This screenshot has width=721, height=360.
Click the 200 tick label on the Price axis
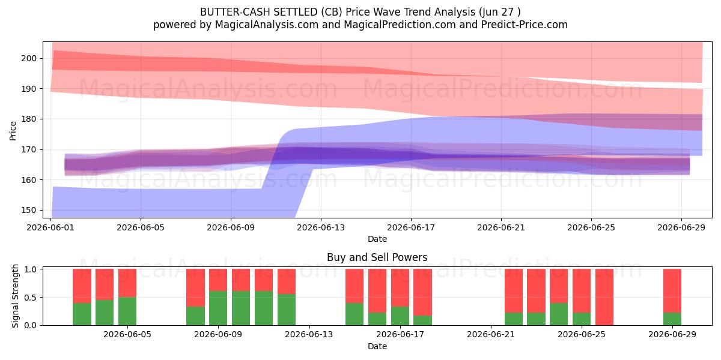coord(29,59)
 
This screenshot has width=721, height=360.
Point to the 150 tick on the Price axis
coord(29,210)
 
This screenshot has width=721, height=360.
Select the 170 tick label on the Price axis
coord(29,149)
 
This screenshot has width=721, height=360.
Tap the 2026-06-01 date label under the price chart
coord(50,227)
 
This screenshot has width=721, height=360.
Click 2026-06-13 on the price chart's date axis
coord(321,227)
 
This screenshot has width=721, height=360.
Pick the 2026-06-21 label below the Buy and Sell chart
coord(491,334)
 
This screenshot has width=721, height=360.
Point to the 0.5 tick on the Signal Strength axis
coord(30,298)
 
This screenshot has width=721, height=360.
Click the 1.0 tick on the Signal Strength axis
coord(30,269)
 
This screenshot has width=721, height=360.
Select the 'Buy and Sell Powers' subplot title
coord(377,257)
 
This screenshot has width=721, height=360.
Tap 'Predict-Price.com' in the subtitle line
coord(525,25)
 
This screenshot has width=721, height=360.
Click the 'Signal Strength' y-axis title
coord(15,296)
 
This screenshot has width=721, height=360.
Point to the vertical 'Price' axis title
coord(13,131)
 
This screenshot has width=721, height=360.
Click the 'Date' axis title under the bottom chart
coord(377,346)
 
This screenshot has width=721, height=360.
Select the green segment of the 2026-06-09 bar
coord(218,308)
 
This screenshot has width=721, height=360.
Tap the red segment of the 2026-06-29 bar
coord(672,290)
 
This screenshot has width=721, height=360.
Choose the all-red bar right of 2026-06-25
coord(604,297)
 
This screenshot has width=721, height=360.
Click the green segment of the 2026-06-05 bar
coord(127,311)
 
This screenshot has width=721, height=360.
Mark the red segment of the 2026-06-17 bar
coord(400,287)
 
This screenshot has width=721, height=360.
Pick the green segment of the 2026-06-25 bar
coord(582,319)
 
